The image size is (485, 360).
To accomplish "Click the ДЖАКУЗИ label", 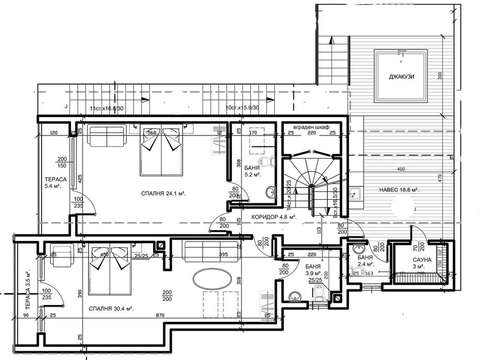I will click(x=402, y=77).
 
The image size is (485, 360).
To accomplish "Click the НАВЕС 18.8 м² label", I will click(x=399, y=190).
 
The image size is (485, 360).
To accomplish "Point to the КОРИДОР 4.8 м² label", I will click(x=274, y=217).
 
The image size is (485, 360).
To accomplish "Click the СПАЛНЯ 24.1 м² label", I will click(x=163, y=194).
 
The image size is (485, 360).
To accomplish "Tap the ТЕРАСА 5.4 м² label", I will click(x=53, y=182).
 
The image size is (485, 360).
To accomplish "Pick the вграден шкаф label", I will click(x=311, y=127).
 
